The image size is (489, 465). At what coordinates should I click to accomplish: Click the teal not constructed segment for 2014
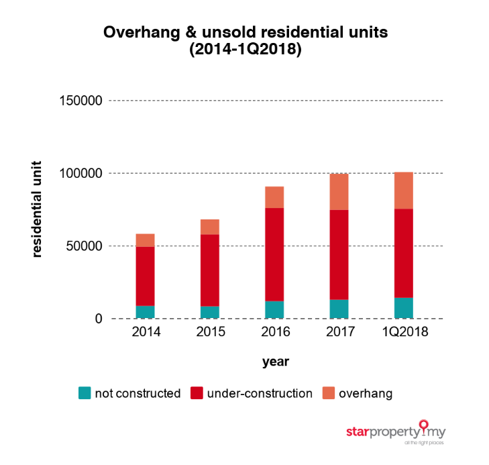click(145, 311)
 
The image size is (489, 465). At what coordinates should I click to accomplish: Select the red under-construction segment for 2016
click(274, 254)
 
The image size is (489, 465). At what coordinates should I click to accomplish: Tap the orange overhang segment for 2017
click(339, 192)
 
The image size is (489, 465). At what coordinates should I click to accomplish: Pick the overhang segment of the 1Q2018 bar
click(403, 191)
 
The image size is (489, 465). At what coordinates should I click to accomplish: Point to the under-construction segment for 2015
click(210, 270)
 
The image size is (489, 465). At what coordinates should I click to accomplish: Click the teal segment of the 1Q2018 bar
click(403, 307)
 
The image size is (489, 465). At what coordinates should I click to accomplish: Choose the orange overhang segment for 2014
click(145, 240)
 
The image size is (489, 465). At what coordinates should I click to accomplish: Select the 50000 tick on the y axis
click(84, 246)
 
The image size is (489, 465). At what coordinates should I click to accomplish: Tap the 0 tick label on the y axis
click(98, 319)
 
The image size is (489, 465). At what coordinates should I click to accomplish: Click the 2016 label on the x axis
click(274, 333)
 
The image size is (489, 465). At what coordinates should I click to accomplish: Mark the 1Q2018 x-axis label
click(403, 333)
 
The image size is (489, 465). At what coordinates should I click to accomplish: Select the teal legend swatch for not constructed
click(85, 393)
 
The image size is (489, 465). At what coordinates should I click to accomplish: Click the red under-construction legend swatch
click(198, 393)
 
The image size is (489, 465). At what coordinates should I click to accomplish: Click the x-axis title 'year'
click(275, 362)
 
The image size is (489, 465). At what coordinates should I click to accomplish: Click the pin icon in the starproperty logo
click(423, 425)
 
